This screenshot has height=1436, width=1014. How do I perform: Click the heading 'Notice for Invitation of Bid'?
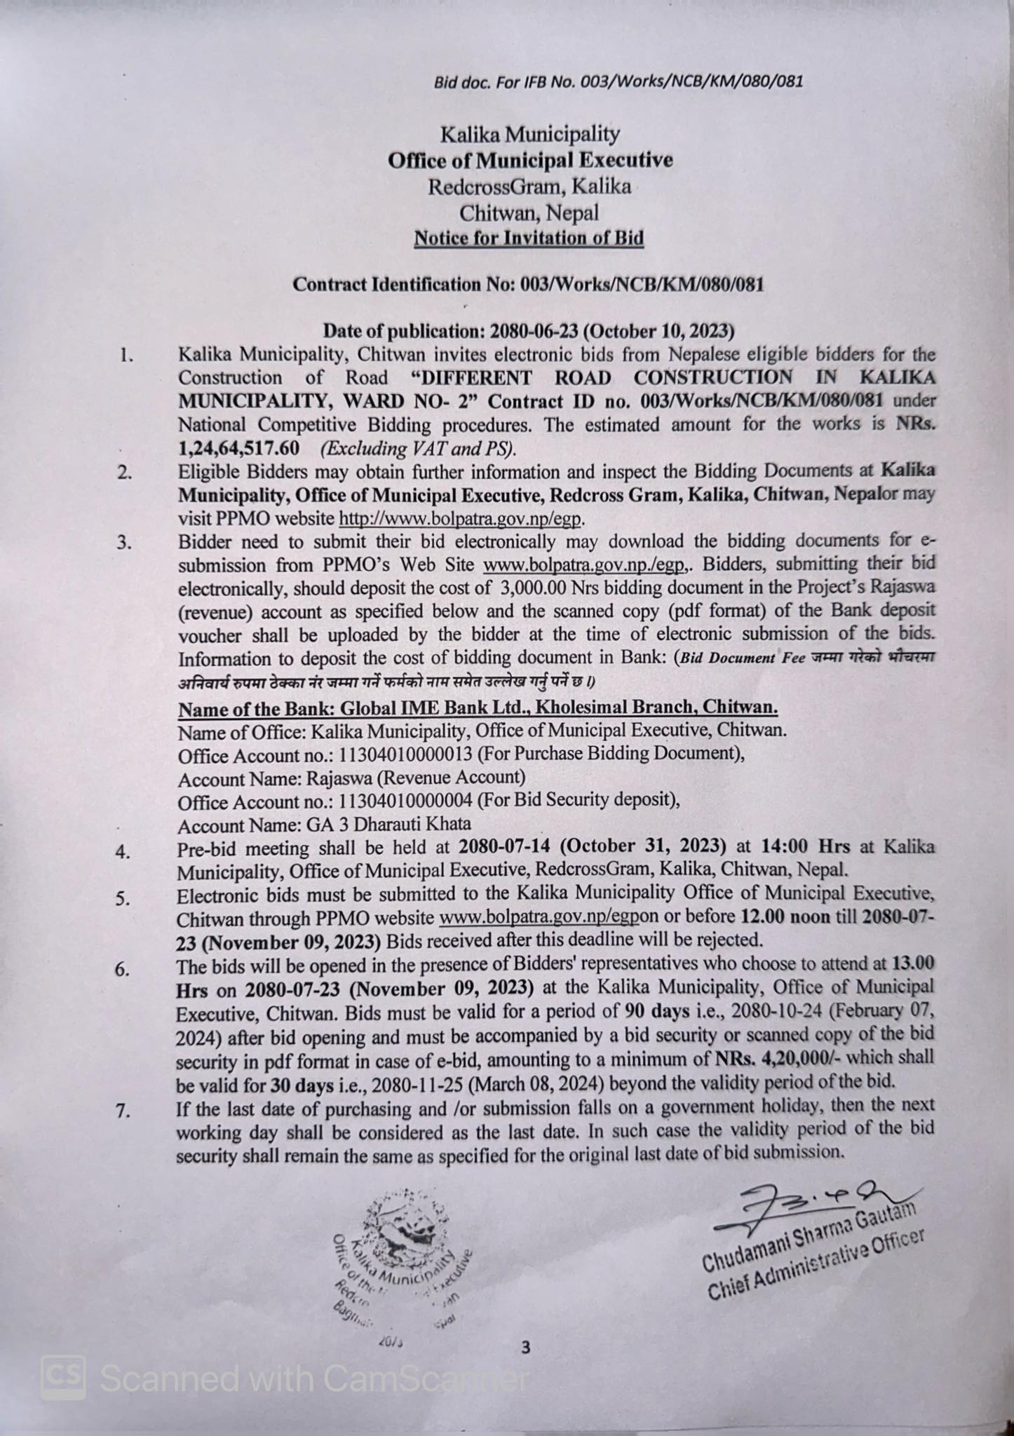(x=528, y=238)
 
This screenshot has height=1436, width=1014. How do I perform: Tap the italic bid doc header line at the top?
(x=618, y=82)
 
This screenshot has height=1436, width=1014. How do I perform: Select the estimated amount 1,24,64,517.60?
(x=239, y=448)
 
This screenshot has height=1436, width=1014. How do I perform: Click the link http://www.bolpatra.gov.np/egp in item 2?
(x=461, y=520)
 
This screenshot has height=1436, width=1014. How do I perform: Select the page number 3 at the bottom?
(x=526, y=1347)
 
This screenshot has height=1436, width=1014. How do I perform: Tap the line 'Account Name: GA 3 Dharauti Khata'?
(x=324, y=824)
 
